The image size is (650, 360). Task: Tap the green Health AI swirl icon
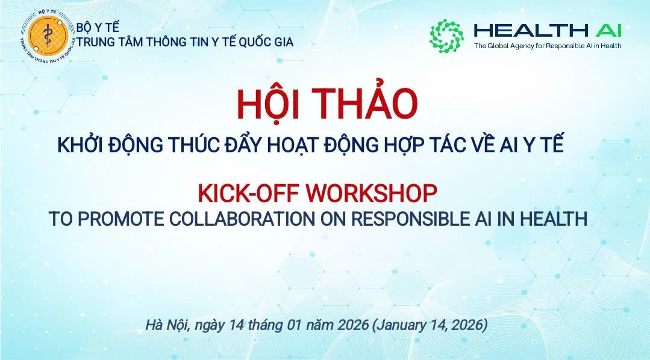click(446, 35)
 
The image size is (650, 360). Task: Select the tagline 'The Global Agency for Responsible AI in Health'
click(547, 46)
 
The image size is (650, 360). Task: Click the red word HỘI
click(270, 104)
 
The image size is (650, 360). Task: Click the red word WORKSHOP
click(369, 194)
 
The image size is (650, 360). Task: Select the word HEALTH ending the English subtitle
click(549, 219)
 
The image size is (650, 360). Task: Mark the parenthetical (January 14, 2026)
click(430, 326)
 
